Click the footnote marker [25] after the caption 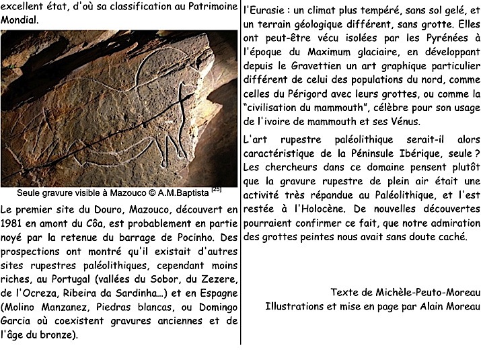[x=216, y=189]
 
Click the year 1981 [x=13, y=223]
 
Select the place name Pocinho [x=196, y=237]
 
